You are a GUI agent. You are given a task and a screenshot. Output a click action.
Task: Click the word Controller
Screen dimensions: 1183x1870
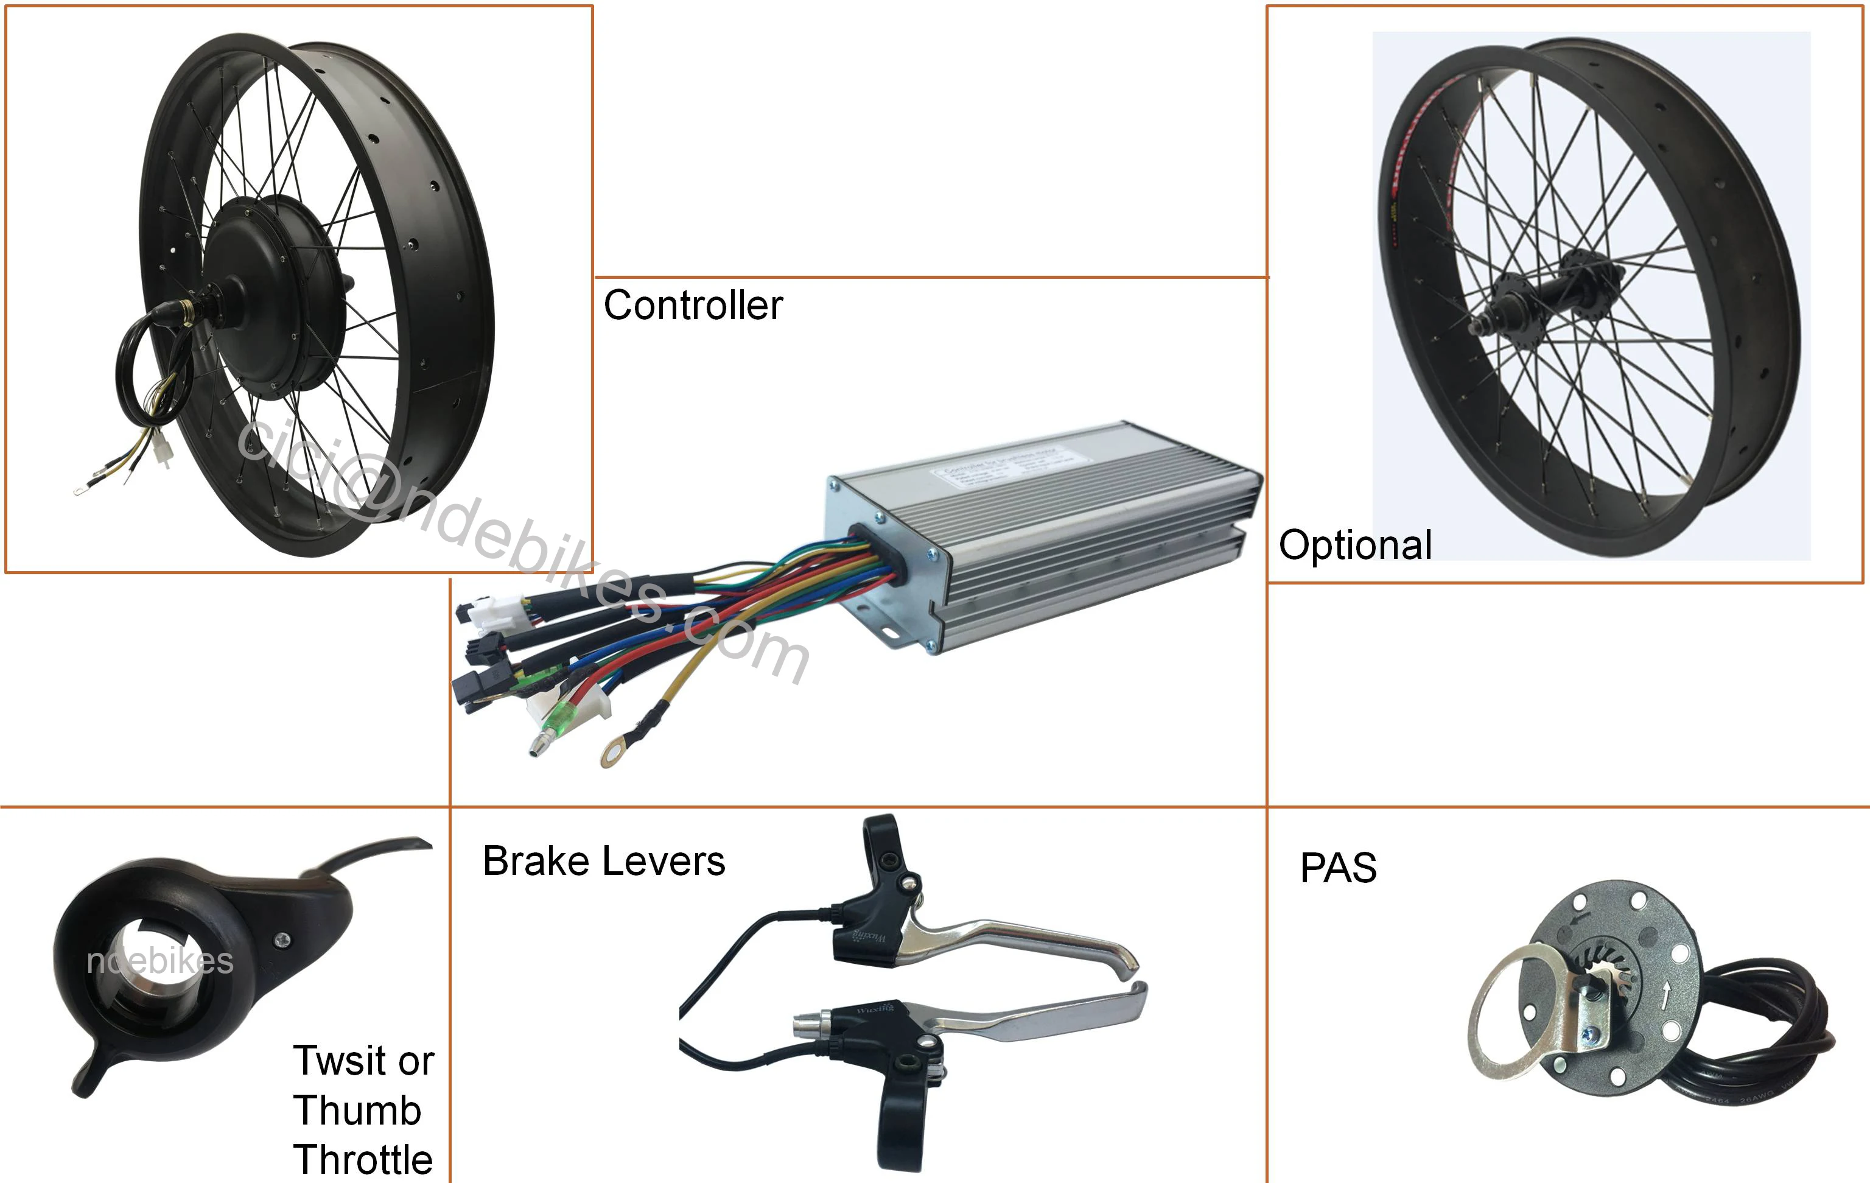tap(693, 305)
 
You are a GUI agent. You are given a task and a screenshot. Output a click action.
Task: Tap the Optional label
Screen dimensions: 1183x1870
tap(1355, 546)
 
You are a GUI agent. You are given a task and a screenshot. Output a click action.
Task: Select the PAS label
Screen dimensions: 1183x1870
tap(1338, 868)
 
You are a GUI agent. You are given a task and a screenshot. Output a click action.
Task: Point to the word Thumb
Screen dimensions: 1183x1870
tap(357, 1111)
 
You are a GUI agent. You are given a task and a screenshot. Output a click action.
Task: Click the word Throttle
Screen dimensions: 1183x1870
tap(363, 1160)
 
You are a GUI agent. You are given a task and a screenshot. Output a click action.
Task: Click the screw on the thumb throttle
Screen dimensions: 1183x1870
tap(282, 940)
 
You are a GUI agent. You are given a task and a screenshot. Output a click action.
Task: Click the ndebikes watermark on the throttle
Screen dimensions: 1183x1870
tap(160, 961)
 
